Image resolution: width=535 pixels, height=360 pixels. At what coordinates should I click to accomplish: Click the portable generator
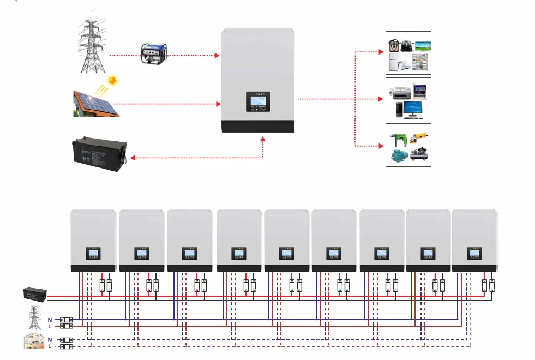click(x=154, y=52)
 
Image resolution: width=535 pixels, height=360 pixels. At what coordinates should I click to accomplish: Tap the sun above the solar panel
click(x=112, y=81)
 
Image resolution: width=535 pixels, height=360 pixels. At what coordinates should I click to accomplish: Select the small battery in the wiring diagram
click(x=34, y=295)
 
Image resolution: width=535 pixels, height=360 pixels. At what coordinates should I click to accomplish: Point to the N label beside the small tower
click(x=50, y=320)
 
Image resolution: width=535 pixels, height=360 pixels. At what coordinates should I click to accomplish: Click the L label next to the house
click(x=50, y=346)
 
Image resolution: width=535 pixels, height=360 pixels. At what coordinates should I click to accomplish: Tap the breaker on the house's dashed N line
click(x=67, y=340)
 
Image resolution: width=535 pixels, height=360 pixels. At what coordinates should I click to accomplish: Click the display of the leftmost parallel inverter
click(x=93, y=253)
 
